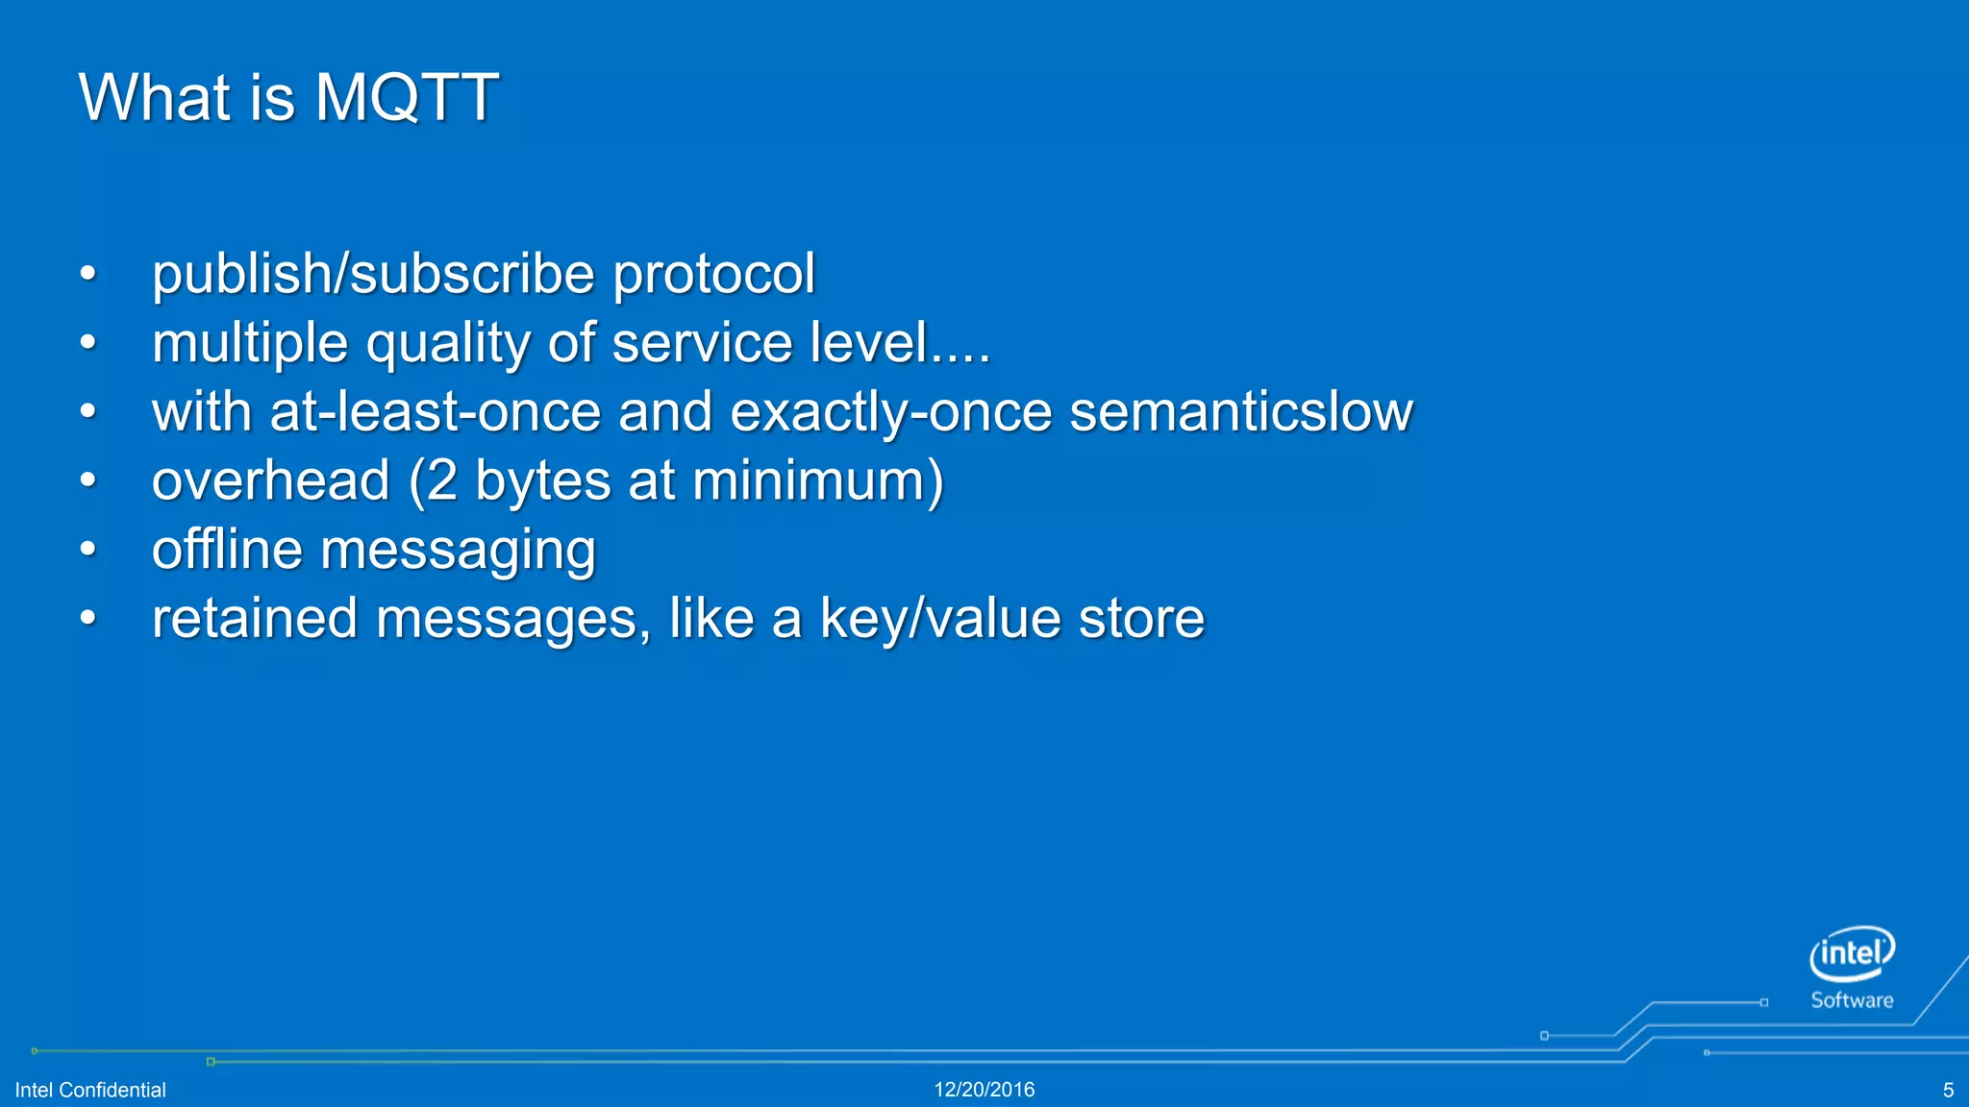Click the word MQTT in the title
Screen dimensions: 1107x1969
(406, 97)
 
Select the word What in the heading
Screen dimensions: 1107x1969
(155, 97)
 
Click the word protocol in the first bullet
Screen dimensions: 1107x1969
(714, 274)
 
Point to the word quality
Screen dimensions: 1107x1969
(447, 343)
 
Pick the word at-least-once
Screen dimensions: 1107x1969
(435, 412)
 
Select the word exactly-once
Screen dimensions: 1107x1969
(890, 412)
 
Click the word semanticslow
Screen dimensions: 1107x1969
(1240, 412)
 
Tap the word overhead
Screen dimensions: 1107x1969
(271, 480)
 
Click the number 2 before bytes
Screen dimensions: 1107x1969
(441, 480)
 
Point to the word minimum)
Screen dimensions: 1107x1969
(818, 480)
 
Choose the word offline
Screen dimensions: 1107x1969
(227, 550)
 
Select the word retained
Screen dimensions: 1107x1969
(255, 618)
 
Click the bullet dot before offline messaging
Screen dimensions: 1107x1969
(88, 550)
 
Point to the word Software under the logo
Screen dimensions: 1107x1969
(1852, 1000)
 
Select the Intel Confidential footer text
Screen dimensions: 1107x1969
(90, 1090)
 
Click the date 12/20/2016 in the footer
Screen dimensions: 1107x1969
(984, 1090)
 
